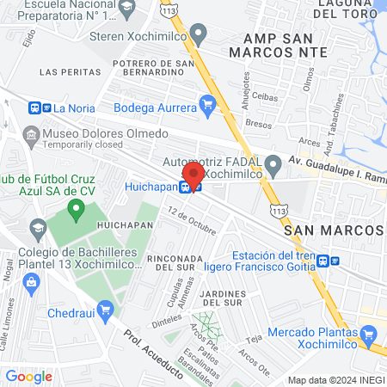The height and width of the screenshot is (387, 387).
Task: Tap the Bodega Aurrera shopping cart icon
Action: coord(206,104)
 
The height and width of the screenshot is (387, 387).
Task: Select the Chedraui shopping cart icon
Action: coord(105,309)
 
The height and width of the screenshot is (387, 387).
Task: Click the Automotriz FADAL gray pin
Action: coord(273,163)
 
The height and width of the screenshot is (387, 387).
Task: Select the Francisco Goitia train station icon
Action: coord(323,261)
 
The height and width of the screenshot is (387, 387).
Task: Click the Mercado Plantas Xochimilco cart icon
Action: coord(369,333)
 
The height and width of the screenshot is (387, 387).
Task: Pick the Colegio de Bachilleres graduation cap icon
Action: coord(37,228)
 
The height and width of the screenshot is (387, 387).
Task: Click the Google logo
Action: coord(28,376)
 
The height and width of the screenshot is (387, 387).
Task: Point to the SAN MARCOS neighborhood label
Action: coord(333,231)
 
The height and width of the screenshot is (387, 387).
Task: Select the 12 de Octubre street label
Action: coord(192,220)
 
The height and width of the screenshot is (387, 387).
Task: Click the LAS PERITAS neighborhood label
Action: coord(65,71)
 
